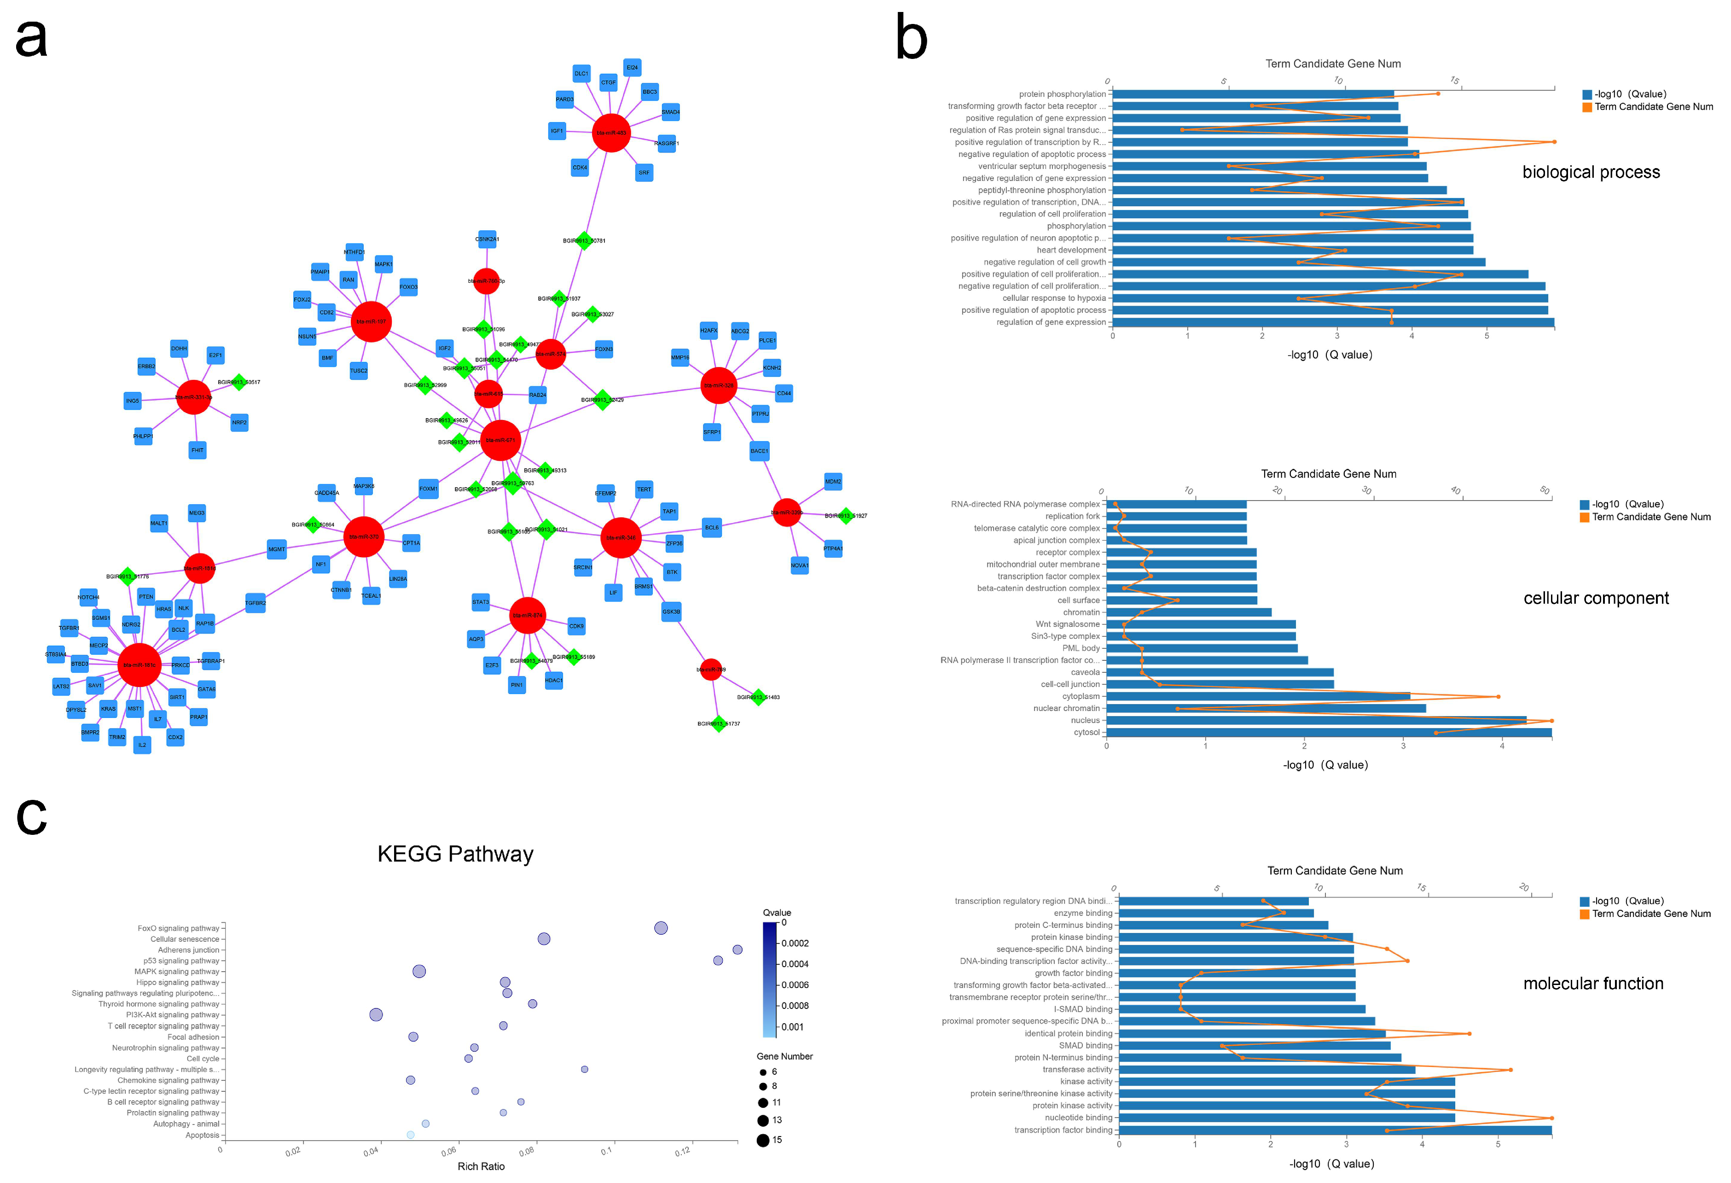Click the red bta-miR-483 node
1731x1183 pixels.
pyautogui.click(x=611, y=133)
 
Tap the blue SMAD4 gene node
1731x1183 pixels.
pyautogui.click(x=670, y=112)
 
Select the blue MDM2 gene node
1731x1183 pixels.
pyautogui.click(x=833, y=481)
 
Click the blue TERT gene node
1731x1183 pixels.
pyautogui.click(x=644, y=490)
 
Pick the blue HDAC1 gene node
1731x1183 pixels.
pyautogui.click(x=553, y=680)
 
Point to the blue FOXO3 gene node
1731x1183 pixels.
pyautogui.click(x=408, y=287)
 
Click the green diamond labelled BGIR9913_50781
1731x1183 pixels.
pyautogui.click(x=584, y=241)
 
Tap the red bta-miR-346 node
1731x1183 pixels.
pyautogui.click(x=621, y=537)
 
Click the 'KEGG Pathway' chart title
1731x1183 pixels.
pyautogui.click(x=455, y=854)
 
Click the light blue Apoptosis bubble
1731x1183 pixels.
pyautogui.click(x=410, y=1135)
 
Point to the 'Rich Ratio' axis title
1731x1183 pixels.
pyautogui.click(x=481, y=1166)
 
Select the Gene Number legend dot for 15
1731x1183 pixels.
pyautogui.click(x=763, y=1140)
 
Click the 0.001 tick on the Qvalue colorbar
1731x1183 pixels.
pyautogui.click(x=792, y=1026)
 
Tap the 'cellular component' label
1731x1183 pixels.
pyautogui.click(x=1596, y=598)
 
